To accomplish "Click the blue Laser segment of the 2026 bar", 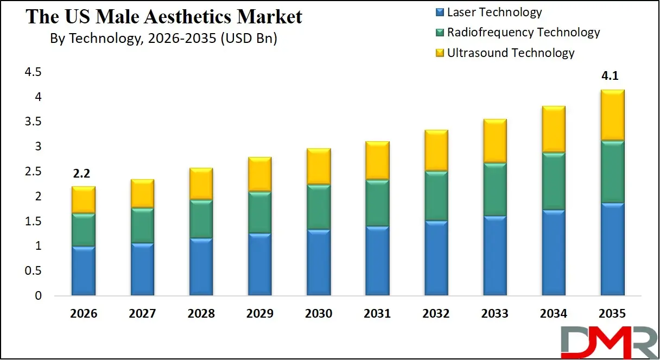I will point(84,270).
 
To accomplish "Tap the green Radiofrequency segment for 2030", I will point(318,207).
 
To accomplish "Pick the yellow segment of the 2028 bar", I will point(201,184).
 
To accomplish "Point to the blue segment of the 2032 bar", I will point(435,258).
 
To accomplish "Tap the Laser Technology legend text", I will point(494,12).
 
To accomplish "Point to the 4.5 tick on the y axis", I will point(33,72).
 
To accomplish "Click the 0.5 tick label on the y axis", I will point(33,271).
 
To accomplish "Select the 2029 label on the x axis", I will point(259,314).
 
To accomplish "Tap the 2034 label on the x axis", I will point(553,314).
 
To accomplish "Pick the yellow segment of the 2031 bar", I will point(377,160).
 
